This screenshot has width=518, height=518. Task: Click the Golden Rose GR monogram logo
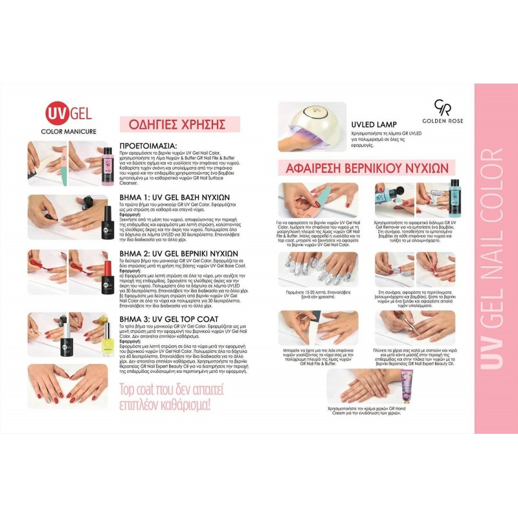[442, 107]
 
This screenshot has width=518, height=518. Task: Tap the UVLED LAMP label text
[374, 124]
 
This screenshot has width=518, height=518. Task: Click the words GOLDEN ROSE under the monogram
[442, 124]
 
